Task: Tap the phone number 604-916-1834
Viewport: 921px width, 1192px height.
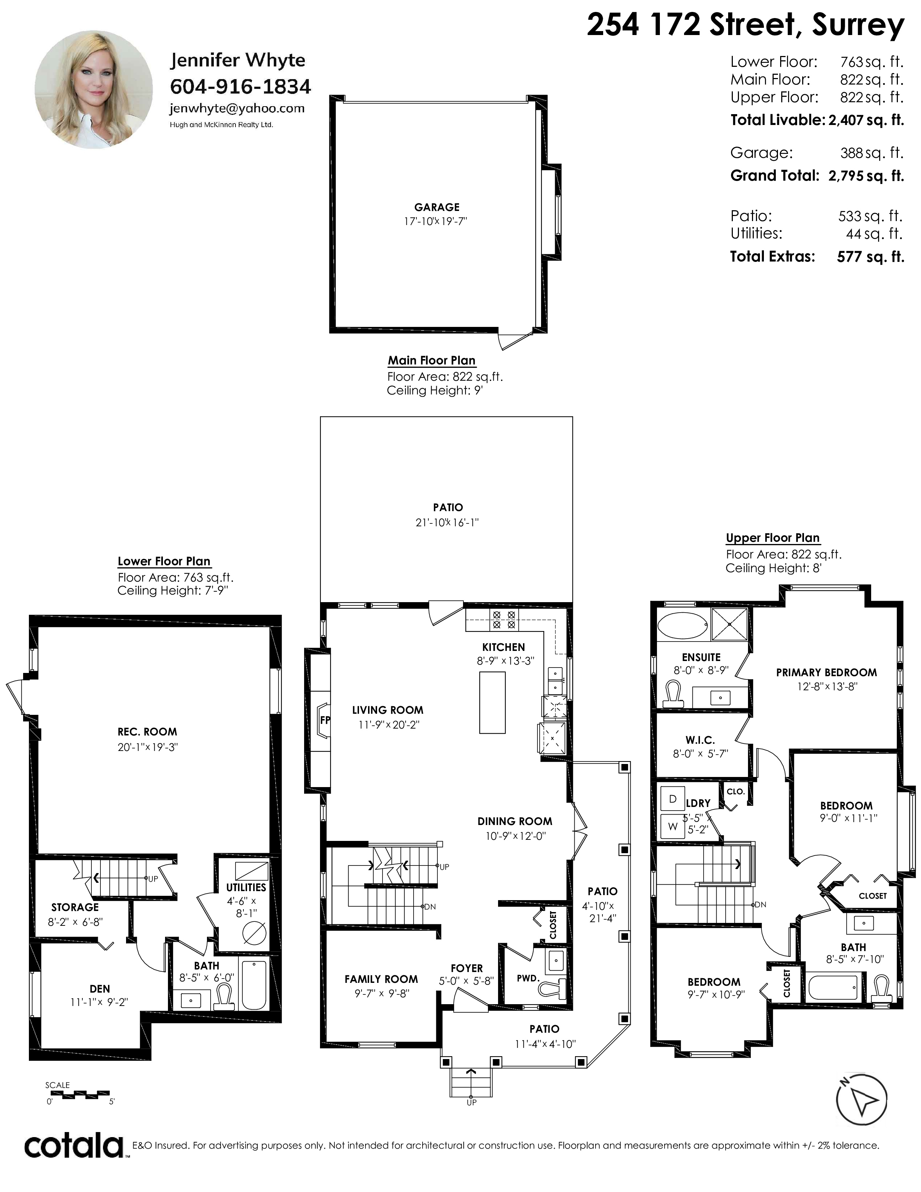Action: point(241,86)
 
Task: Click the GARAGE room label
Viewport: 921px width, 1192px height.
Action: point(437,207)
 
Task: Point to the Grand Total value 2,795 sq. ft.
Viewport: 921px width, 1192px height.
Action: point(866,176)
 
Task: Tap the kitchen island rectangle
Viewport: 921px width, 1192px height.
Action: point(492,703)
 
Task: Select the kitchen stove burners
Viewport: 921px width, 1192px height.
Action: point(504,619)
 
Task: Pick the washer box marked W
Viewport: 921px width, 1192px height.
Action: point(673,827)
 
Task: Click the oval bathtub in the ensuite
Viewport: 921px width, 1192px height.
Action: point(682,625)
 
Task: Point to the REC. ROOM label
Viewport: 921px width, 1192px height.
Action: point(147,731)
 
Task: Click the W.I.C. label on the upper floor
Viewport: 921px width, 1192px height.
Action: point(700,740)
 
